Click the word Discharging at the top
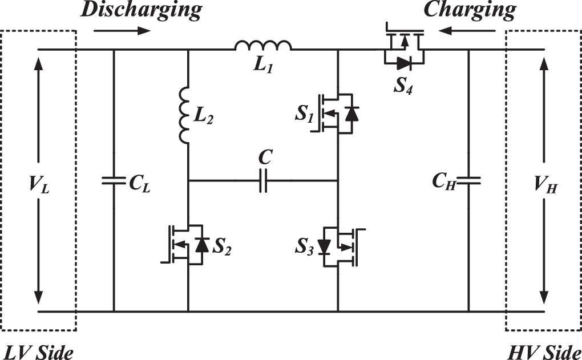[141, 10]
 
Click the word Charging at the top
[470, 10]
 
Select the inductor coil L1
[263, 46]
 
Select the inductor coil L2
[185, 116]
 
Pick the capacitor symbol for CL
[114, 181]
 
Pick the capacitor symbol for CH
[468, 181]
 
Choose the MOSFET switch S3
[339, 247]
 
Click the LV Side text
[37, 351]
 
